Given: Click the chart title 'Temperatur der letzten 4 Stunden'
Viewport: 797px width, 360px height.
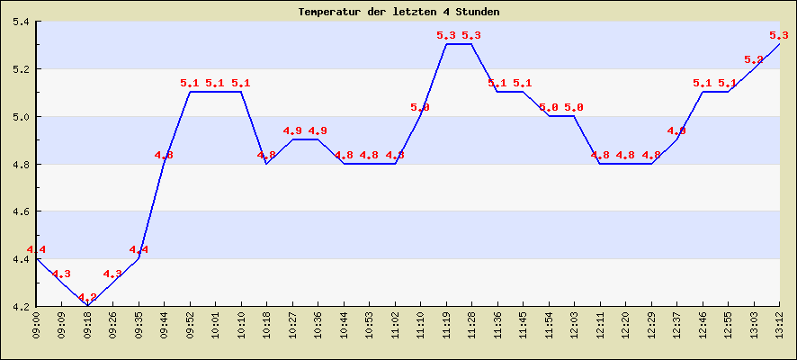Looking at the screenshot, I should (x=398, y=12).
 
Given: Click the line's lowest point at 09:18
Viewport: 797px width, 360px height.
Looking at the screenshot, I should (x=87, y=306).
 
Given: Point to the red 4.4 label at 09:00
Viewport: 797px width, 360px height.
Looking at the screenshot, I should (x=36, y=249).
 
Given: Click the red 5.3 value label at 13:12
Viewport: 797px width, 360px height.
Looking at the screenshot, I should (x=779, y=35).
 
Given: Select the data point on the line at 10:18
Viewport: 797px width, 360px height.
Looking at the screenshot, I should (x=266, y=163).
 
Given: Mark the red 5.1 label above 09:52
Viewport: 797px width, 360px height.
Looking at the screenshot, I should (x=190, y=83).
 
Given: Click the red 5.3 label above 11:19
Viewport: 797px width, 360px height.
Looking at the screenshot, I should (x=446, y=35).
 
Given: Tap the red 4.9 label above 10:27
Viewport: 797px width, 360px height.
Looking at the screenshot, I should (x=292, y=130).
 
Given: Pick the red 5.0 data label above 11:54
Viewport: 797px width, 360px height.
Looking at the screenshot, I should (x=549, y=107).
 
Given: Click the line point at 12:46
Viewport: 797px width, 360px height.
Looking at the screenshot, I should (x=703, y=92).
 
